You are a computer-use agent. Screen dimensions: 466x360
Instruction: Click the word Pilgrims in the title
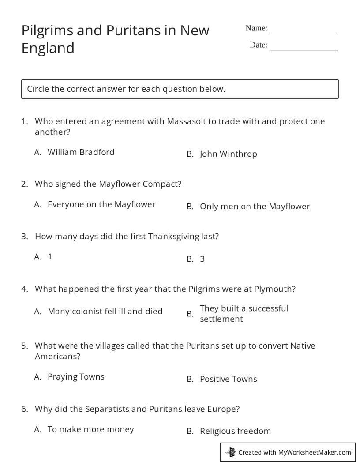pos(47,30)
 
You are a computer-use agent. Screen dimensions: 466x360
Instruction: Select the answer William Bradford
pos(81,152)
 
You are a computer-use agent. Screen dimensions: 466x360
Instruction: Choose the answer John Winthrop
pos(228,154)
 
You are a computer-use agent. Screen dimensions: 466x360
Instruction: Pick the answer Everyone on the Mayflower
pos(101,204)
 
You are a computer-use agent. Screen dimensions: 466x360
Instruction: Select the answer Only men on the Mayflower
pos(255,206)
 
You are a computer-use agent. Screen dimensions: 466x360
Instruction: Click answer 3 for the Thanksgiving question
pos(202,259)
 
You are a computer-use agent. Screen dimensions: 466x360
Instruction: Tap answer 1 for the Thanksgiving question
pos(50,256)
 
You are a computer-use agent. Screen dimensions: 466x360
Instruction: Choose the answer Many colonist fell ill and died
pos(105,311)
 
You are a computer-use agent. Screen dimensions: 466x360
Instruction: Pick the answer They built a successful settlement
pos(244,313)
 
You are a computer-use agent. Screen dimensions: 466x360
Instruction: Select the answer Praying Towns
pos(76,376)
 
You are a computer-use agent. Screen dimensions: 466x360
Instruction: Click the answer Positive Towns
pos(228,379)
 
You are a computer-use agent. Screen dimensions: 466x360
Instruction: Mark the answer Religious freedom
pos(235,431)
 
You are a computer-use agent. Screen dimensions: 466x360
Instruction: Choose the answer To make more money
pos(90,429)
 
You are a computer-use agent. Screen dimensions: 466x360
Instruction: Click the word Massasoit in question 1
pos(186,121)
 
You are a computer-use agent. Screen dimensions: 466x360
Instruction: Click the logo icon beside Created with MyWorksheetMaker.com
pos(231,452)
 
